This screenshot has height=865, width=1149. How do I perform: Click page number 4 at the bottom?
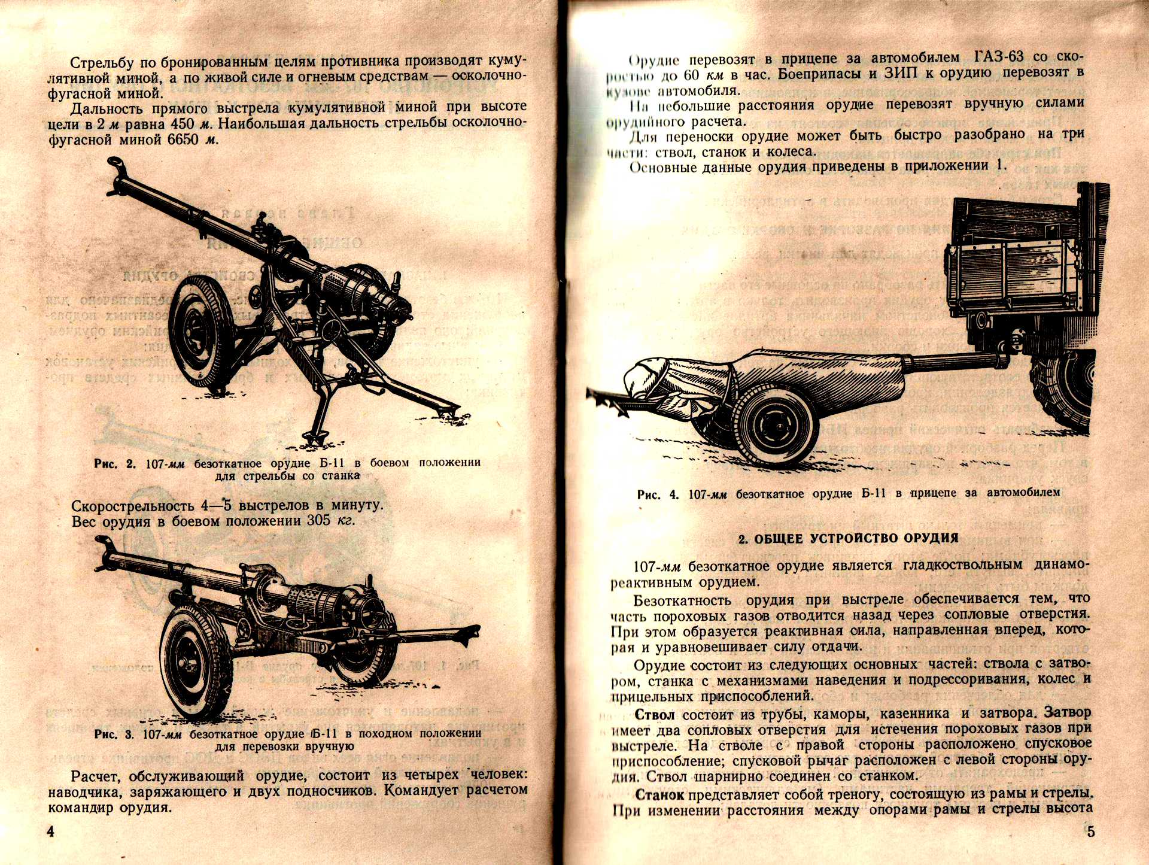tap(51, 832)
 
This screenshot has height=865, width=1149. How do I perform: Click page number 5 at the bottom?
tap(1090, 832)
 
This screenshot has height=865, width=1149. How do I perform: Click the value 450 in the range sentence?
tap(183, 124)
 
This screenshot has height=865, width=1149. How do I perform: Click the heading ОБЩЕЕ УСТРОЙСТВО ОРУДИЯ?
tap(848, 538)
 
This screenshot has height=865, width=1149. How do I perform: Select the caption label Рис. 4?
tap(658, 494)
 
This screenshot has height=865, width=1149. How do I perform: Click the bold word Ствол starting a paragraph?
tap(655, 714)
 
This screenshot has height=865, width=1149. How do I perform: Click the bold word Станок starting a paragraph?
tap(659, 795)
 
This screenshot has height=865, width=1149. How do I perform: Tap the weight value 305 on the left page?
tap(319, 520)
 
